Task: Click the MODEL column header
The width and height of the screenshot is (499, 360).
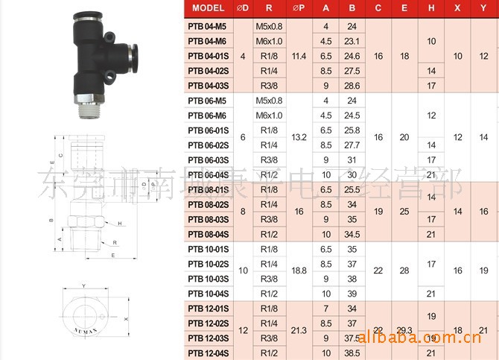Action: tap(208, 8)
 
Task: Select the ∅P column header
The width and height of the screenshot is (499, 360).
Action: tap(299, 8)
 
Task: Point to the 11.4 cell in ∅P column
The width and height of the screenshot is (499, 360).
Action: tap(299, 56)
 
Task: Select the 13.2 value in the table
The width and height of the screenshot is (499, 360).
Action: tap(299, 137)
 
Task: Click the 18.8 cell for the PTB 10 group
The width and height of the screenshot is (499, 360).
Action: tap(299, 271)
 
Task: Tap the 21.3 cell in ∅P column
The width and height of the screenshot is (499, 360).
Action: tap(299, 330)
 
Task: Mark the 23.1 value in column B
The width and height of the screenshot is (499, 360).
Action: tap(352, 41)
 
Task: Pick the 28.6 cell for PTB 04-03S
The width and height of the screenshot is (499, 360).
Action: tap(352, 86)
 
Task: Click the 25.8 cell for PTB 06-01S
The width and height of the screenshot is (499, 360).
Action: tap(352, 130)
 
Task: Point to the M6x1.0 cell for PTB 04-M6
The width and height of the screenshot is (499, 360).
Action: tap(269, 41)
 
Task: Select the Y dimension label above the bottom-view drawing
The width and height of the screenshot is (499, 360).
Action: tap(84, 285)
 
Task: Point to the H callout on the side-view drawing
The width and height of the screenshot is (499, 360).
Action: tap(119, 223)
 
